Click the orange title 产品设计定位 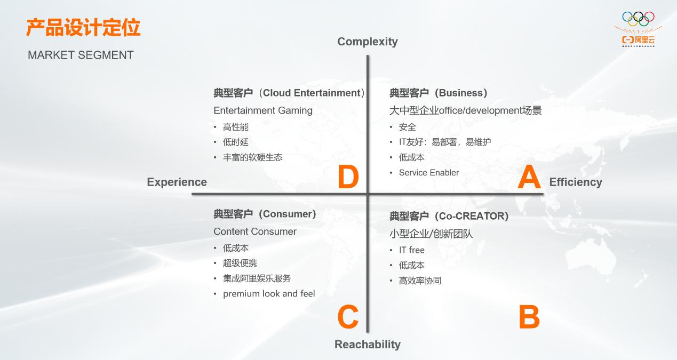[83, 28]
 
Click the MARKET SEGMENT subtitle [81, 55]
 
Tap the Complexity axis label [368, 42]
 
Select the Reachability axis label [368, 345]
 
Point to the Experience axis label [177, 182]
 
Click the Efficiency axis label [576, 182]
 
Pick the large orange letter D [348, 178]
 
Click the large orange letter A [529, 178]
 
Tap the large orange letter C [348, 317]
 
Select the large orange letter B [529, 317]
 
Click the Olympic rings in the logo [638, 18]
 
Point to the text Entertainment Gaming [263, 110]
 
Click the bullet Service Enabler [429, 173]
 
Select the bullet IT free [412, 250]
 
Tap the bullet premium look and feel [269, 294]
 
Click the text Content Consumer [255, 231]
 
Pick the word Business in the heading [461, 93]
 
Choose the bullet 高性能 [236, 127]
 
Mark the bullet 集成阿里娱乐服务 [257, 278]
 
